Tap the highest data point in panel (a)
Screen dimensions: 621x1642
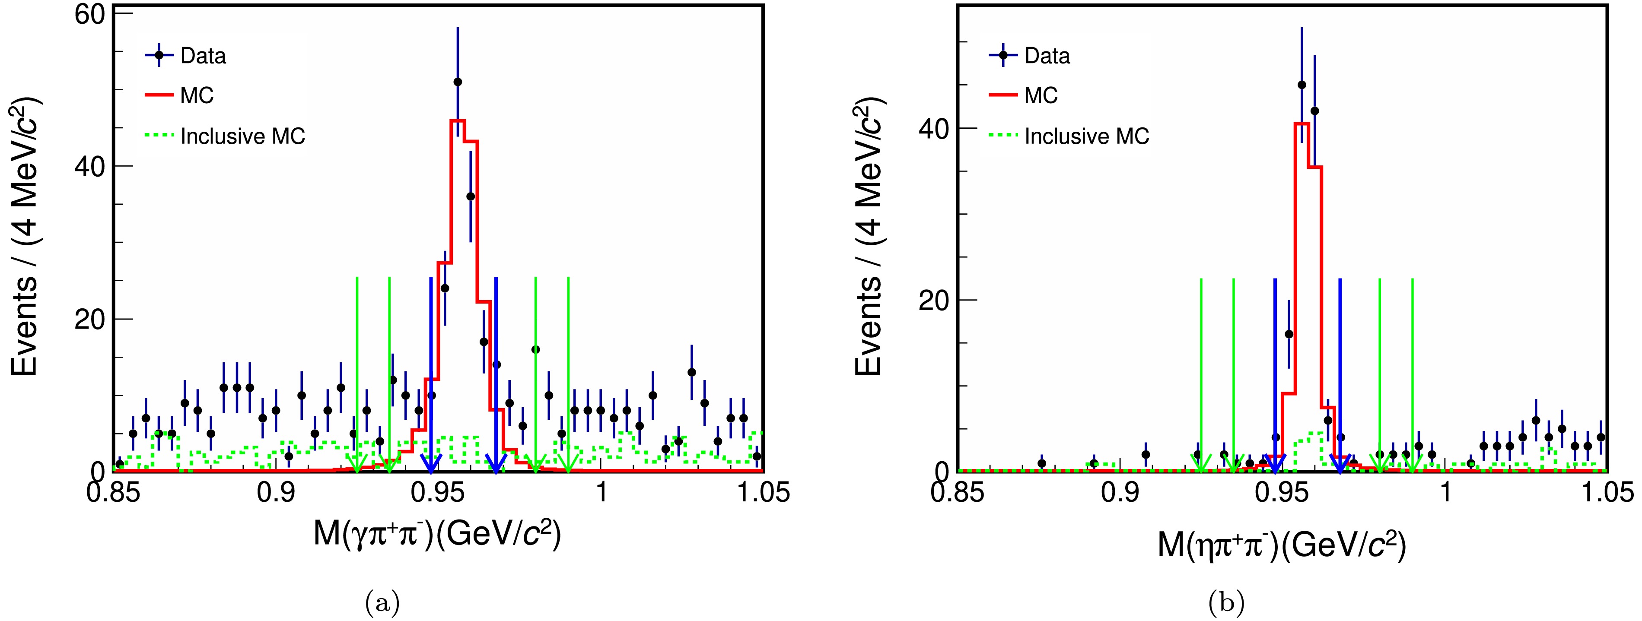coord(458,82)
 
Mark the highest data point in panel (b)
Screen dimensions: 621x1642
coord(1302,85)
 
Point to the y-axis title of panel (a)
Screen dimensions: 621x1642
coord(25,236)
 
